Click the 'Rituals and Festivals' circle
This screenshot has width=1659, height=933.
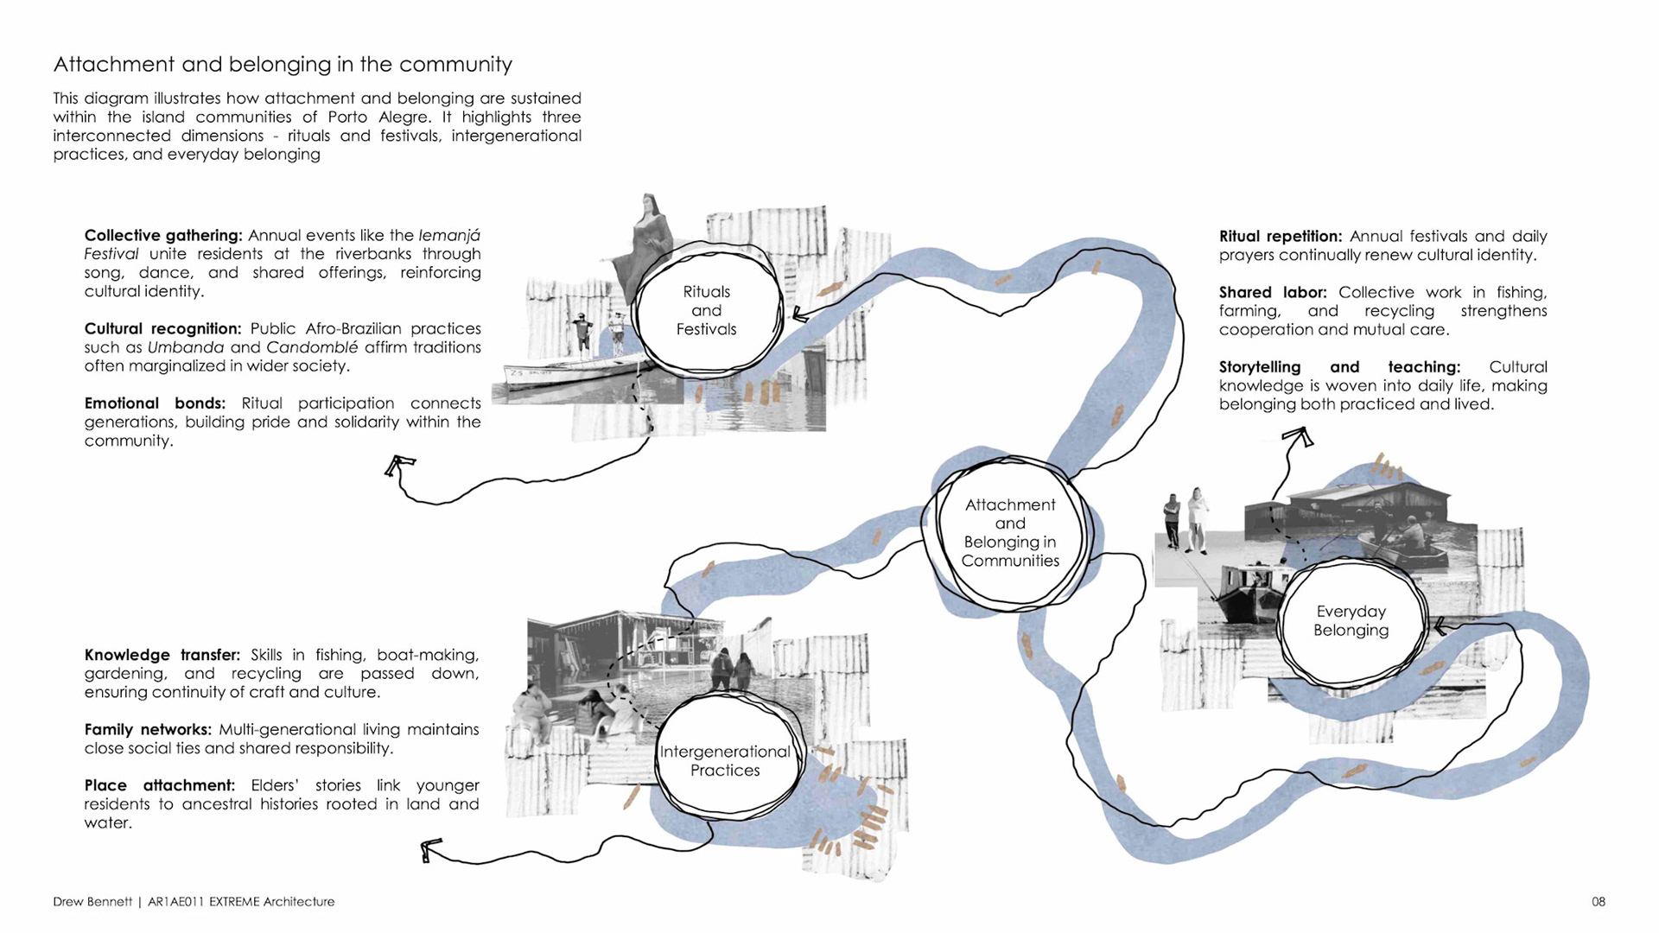pos(707,311)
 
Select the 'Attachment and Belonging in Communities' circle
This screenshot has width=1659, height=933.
pos(1010,533)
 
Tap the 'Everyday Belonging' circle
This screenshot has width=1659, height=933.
pos(1351,621)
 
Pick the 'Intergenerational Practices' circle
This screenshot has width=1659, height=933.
pos(725,761)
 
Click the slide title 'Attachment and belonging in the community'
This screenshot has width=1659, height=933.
pos(283,65)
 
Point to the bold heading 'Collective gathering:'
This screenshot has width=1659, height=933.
pos(163,236)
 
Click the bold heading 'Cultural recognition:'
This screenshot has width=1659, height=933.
pos(162,329)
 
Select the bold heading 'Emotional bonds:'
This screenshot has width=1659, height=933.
pos(155,403)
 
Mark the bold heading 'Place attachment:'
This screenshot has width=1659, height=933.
pos(159,785)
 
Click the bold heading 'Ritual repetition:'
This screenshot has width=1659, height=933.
pos(1280,237)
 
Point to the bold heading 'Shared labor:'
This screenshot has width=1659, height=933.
pos(1272,293)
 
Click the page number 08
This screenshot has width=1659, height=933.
pos(1599,902)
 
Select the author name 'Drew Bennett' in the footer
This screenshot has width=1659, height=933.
pos(92,902)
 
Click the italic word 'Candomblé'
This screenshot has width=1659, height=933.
pos(311,347)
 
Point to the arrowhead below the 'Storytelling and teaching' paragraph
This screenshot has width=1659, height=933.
pos(1298,437)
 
